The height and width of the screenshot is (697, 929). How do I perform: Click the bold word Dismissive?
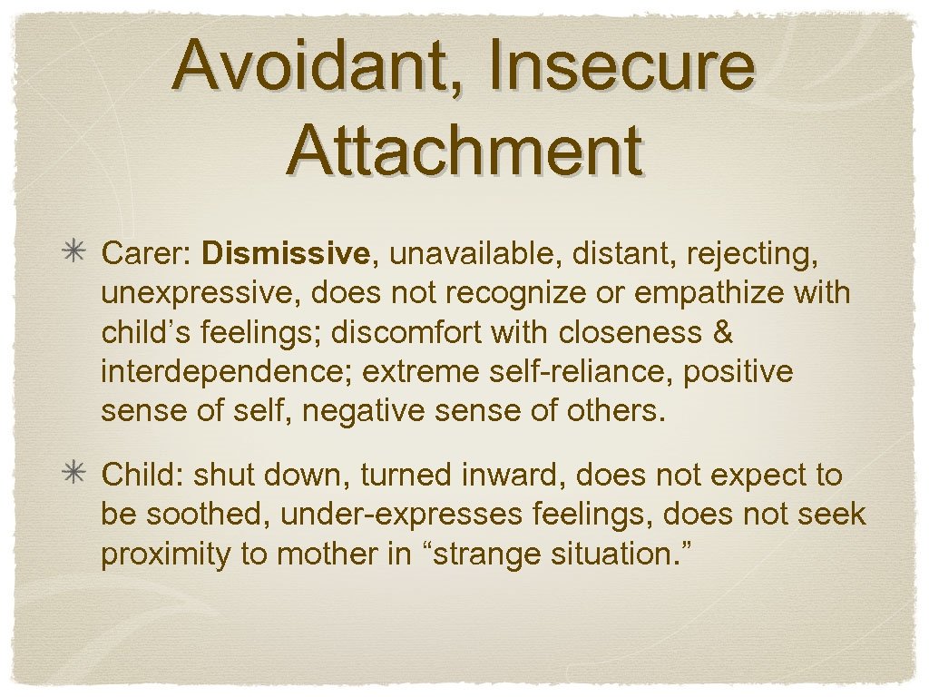click(x=286, y=254)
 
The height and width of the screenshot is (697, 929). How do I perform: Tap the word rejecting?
click(x=753, y=254)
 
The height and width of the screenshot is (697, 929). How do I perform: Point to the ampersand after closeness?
click(x=723, y=333)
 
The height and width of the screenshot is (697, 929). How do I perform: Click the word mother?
click(x=318, y=554)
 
